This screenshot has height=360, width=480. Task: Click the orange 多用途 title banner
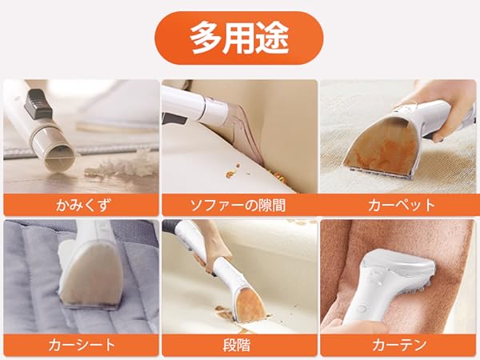click(x=238, y=38)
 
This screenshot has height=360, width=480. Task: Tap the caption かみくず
click(x=82, y=205)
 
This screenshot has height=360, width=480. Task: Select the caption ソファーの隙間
click(x=238, y=205)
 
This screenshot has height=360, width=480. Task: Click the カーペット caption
click(x=402, y=205)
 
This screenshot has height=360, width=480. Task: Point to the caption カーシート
click(x=82, y=345)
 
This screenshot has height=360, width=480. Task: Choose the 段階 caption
click(x=237, y=345)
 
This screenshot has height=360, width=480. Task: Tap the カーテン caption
click(x=399, y=345)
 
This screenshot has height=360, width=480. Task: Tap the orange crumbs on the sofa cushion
click(x=234, y=171)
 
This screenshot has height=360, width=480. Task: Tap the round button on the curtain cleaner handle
click(x=362, y=308)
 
